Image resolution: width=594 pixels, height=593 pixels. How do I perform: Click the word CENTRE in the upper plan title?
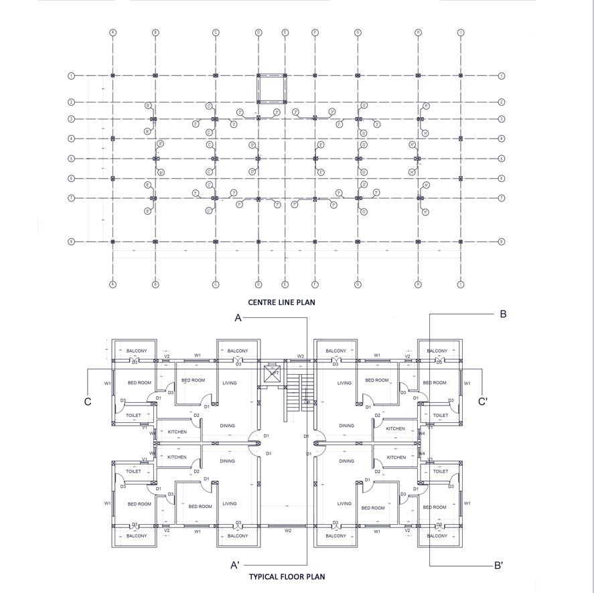(260, 303)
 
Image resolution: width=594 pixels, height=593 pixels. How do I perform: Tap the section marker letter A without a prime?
(238, 319)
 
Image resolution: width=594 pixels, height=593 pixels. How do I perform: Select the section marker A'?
(235, 566)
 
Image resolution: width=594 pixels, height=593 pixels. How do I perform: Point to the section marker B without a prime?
(503, 314)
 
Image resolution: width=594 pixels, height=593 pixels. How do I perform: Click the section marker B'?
(498, 566)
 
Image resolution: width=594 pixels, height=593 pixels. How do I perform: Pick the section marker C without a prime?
(88, 402)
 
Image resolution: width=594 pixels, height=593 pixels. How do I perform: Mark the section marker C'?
(482, 402)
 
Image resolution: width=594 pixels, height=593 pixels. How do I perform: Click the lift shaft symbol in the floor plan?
(273, 373)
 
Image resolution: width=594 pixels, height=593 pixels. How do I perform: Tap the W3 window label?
(301, 356)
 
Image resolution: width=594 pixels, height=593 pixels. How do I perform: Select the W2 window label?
(288, 531)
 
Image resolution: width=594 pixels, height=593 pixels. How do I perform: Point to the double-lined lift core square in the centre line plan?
(271, 88)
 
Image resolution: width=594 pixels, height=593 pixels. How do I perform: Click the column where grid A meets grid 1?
(113, 76)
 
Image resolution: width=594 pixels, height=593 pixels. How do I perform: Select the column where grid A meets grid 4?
(113, 139)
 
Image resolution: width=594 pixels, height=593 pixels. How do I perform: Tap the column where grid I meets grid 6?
(461, 179)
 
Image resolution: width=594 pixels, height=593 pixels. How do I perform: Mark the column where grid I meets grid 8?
(461, 242)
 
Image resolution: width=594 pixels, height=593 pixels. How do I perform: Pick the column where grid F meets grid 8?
(315, 242)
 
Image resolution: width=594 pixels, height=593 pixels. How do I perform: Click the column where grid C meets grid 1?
(216, 76)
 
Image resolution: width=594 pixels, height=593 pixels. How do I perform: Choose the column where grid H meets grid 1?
(418, 76)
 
